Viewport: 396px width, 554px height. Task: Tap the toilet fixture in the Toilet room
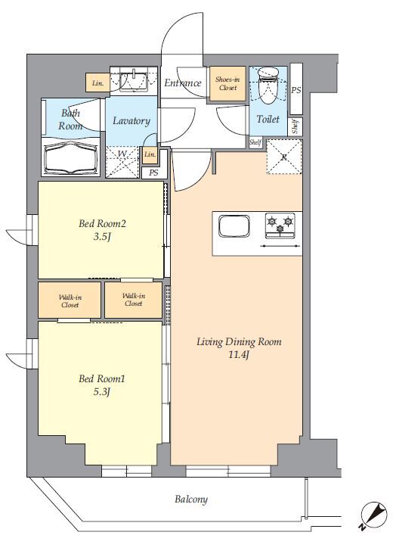pos(268,86)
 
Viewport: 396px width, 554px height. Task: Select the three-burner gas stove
pos(280,226)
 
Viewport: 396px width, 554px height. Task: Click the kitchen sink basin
pos(234,226)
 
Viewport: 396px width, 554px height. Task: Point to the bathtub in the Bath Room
pos(70,158)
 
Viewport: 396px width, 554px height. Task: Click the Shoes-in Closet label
pos(227,83)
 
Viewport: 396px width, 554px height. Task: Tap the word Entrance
pos(183,83)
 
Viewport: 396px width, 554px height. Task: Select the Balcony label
pos(191,500)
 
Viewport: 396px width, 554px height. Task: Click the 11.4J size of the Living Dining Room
pos(239,354)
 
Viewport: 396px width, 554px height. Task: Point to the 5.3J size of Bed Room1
pos(102,392)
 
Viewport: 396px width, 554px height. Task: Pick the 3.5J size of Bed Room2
pos(102,236)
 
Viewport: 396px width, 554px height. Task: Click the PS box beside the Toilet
pos(296,89)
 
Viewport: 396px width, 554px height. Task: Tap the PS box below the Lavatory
pos(153,173)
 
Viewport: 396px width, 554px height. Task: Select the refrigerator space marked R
pos(284,157)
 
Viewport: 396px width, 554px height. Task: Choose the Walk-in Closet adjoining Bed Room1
pos(70,300)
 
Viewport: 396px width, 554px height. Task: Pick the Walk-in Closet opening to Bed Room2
pos(134,300)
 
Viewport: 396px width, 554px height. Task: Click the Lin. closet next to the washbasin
pos(97,83)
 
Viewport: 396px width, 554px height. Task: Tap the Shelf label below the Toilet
pos(255,142)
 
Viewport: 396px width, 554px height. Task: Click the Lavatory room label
pos(131,121)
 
